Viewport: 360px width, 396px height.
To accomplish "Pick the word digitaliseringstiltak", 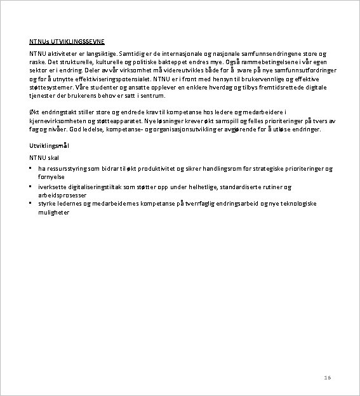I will click(x=103, y=187).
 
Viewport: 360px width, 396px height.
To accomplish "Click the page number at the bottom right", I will click(x=328, y=377).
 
